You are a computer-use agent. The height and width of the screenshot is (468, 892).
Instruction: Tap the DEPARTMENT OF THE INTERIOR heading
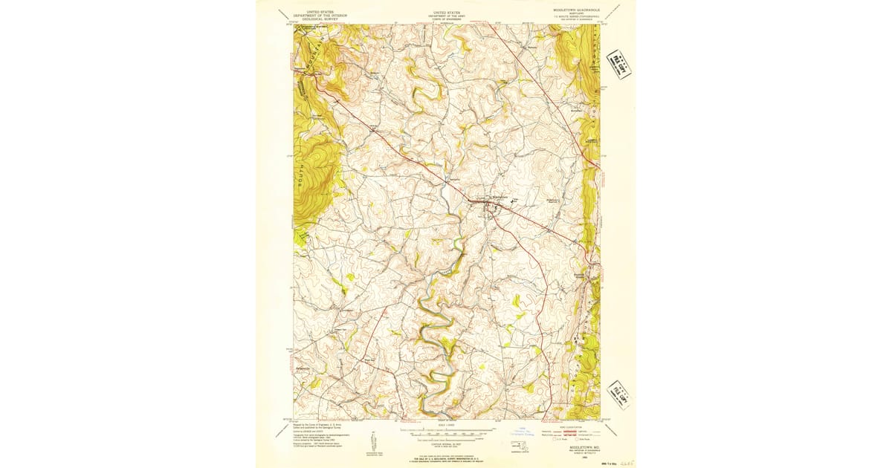[319, 15]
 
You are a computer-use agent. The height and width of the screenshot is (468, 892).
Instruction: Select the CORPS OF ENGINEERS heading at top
[447, 18]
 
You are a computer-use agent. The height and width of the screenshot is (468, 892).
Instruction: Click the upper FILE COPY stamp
[618, 64]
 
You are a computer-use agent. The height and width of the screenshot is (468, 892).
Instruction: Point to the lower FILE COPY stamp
[618, 393]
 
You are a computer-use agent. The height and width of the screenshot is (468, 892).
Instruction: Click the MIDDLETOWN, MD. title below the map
[585, 449]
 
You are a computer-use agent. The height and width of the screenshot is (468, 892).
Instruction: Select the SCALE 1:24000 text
[446, 424]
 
